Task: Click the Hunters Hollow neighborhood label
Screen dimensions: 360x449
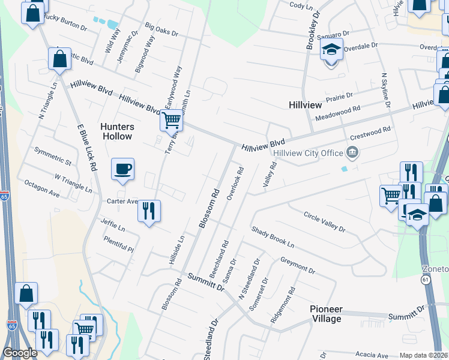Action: pos(116,131)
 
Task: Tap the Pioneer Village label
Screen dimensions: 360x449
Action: pos(326,314)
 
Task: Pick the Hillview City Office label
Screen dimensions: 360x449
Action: pos(307,153)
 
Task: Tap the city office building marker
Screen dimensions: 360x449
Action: pos(352,153)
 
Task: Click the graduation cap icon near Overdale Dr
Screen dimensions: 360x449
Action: pos(331,50)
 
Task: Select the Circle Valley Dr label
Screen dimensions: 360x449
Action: pos(324,221)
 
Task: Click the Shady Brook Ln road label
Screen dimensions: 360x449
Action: pos(273,237)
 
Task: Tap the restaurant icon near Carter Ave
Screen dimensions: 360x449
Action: pos(148,211)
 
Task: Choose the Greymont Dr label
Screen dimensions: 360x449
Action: pos(298,265)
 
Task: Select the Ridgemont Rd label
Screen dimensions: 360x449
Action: pos(283,305)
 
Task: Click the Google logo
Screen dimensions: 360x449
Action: pos(20,353)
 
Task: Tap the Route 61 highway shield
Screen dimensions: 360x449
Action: pos(426,280)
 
